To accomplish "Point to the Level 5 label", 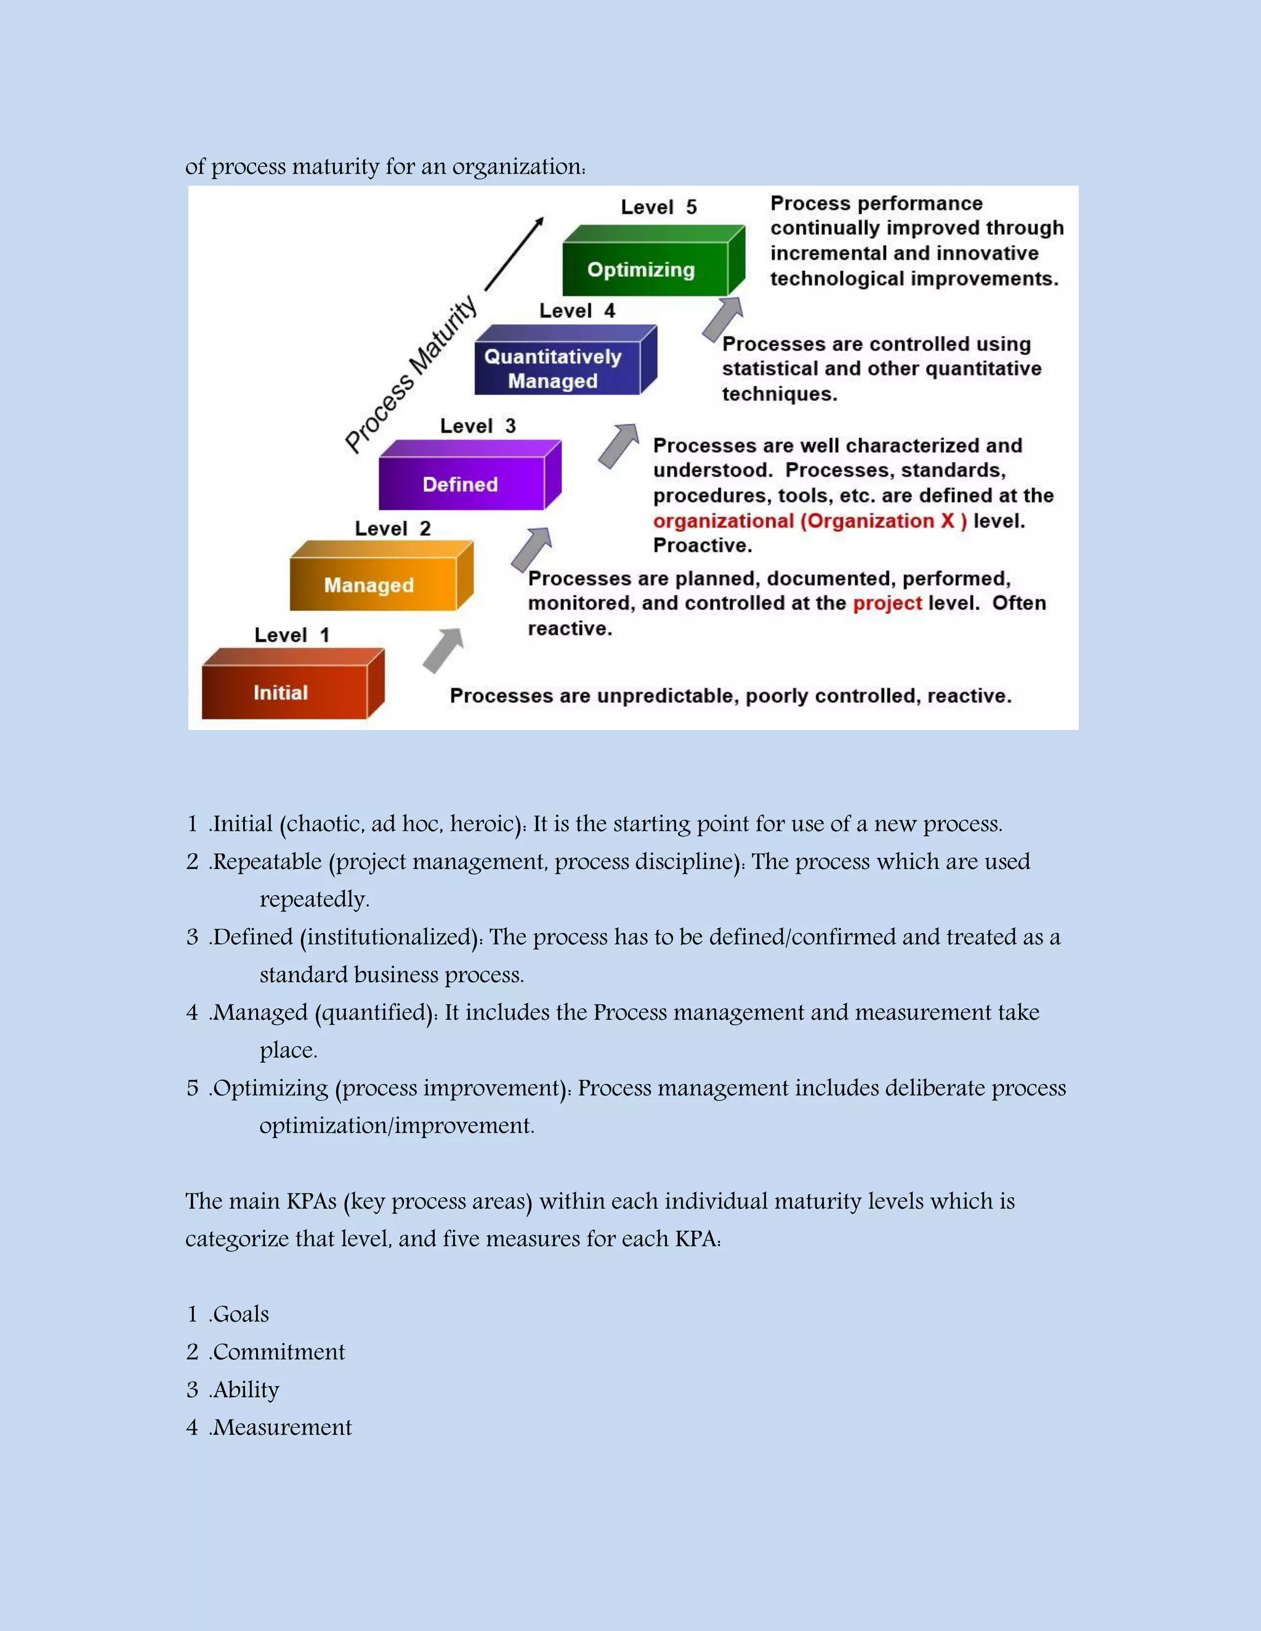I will click(658, 207).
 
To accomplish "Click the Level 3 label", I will click(477, 426).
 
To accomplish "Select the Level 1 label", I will click(291, 635).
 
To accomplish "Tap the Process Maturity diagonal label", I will click(411, 374).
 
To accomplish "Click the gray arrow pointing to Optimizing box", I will click(722, 318).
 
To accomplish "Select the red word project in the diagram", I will click(887, 603).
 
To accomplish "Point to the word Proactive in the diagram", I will click(701, 545).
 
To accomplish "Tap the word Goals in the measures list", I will click(241, 1313).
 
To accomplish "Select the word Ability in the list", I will click(246, 1389).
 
